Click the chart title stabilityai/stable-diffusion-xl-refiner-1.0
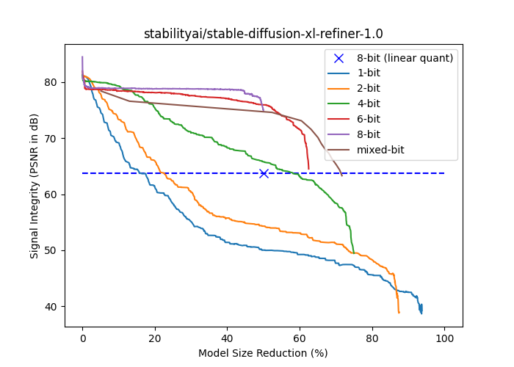pyautogui.click(x=263, y=34)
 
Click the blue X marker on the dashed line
pyautogui.click(x=264, y=173)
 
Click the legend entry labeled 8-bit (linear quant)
pyautogui.click(x=405, y=58)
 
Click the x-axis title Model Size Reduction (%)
pyautogui.click(x=263, y=353)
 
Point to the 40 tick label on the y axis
pyautogui.click(x=52, y=307)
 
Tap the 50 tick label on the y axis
pyautogui.click(x=52, y=250)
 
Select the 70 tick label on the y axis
pyautogui.click(x=52, y=139)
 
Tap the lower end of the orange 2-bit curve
pyautogui.click(x=399, y=313)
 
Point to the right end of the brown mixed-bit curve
pyautogui.click(x=342, y=175)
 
